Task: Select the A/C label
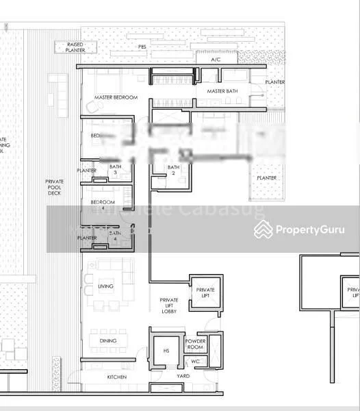pos(216,60)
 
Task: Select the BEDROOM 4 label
pos(103,206)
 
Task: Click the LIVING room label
pos(105,286)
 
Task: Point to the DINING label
pos(107,340)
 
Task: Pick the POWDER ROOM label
pos(196,344)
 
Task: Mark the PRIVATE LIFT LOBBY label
pos(169,305)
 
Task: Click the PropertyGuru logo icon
pos(263,229)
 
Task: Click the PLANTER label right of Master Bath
pos(275,83)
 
